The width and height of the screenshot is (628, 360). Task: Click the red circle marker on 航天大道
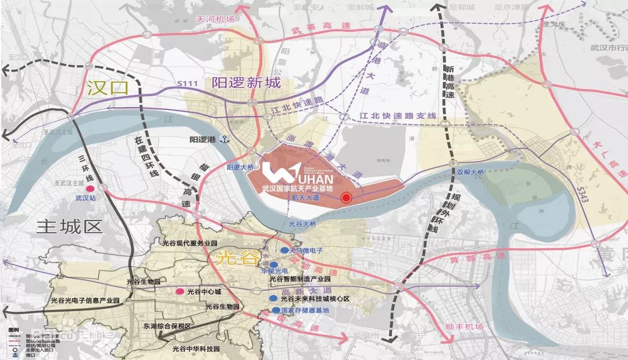click(x=346, y=198)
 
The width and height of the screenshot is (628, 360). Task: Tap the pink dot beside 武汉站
click(x=90, y=189)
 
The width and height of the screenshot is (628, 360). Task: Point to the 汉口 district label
click(x=107, y=88)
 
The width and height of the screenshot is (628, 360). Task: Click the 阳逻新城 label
click(x=247, y=83)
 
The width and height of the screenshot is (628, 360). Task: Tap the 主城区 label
click(x=69, y=226)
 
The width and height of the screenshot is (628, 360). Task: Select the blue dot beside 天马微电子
click(x=283, y=249)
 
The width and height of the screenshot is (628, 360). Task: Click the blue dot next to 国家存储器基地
click(x=274, y=311)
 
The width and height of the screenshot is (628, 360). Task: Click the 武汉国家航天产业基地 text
click(x=298, y=188)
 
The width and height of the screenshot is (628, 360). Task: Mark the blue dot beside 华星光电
click(x=273, y=264)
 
